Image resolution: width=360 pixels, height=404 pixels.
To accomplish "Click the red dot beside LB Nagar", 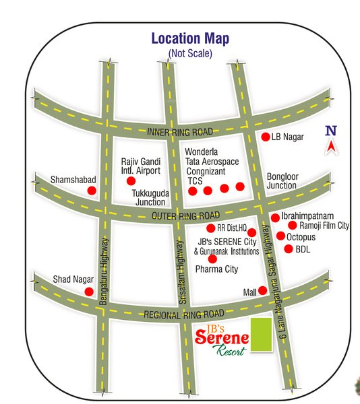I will click(266, 137).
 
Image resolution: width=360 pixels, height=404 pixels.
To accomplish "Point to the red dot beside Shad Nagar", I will click(88, 292).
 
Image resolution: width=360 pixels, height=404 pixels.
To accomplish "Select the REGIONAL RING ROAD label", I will click(183, 314).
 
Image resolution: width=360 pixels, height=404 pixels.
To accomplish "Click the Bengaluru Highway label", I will click(104, 272).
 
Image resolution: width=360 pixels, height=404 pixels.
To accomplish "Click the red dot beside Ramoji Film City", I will click(293, 226).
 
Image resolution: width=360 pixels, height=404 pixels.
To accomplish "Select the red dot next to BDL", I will click(289, 249).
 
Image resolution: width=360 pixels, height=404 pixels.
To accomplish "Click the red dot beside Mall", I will click(263, 291).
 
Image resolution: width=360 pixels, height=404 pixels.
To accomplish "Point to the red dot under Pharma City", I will click(213, 259).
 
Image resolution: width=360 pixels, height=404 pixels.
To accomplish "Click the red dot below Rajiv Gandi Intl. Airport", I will click(131, 180).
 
